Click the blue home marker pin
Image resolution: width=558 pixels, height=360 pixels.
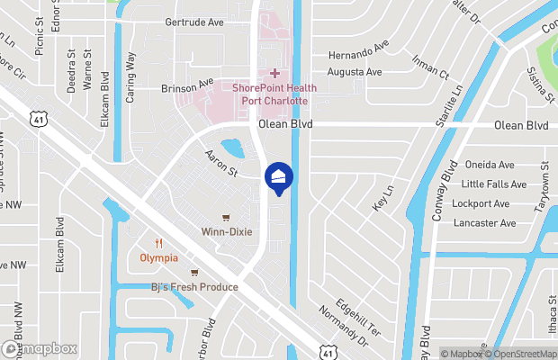[x=278, y=176]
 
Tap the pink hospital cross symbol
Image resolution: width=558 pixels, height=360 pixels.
[x=274, y=72]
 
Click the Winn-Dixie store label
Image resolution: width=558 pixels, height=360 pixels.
[x=226, y=231]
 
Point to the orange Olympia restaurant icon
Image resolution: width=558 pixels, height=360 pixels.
[x=158, y=242]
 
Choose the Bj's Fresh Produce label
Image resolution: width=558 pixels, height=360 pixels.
[x=194, y=287]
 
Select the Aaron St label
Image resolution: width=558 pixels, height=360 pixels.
[x=220, y=163]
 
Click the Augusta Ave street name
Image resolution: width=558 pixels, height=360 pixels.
[x=355, y=71]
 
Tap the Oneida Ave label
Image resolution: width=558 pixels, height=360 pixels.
[x=490, y=165]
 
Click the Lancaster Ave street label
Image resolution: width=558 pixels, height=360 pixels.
[x=484, y=222]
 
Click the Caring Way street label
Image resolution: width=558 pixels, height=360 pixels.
[x=131, y=77]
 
